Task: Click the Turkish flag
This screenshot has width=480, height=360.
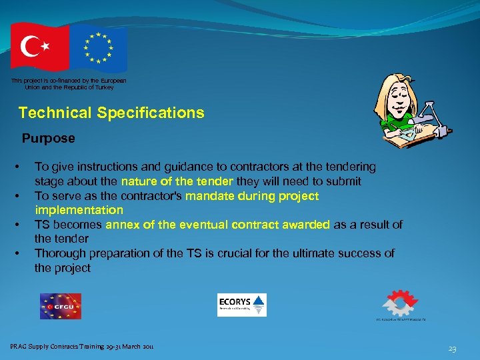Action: point(39,47)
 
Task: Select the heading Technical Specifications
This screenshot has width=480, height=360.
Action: point(111,113)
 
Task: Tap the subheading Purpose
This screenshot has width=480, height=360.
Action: point(48,139)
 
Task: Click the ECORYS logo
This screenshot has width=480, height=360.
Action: point(241,305)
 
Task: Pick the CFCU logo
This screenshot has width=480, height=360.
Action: point(60,307)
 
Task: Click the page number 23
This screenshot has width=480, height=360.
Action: point(452,349)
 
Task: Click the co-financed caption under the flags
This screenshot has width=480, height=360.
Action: point(69,83)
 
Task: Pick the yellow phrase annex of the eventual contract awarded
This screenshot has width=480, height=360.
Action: point(217,225)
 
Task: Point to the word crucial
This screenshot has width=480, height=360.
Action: point(245,253)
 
